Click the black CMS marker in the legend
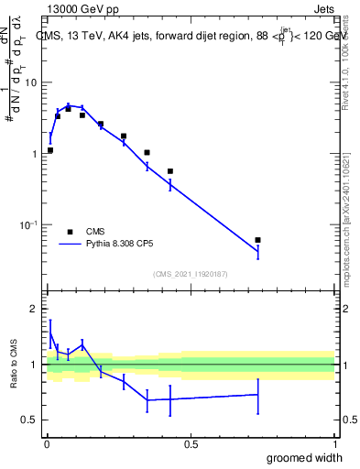70,232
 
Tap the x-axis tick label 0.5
191,444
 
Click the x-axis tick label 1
334,444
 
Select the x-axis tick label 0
47,444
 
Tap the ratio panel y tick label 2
35,310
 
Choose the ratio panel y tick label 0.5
30,420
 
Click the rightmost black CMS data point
258,240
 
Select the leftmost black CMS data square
50,150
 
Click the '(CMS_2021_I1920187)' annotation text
190,274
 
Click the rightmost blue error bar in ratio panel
258,395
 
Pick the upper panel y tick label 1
36,154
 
